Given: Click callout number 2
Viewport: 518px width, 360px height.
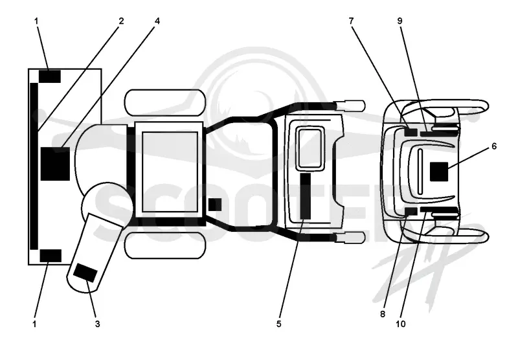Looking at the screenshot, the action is (121, 21).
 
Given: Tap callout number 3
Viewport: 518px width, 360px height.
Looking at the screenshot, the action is (98, 324).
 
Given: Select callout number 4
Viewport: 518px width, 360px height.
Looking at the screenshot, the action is (157, 21).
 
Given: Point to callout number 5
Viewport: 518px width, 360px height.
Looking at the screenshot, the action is (279, 324).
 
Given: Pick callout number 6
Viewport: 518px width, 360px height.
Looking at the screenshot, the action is (494, 146).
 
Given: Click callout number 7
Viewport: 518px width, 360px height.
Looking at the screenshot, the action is (351, 21).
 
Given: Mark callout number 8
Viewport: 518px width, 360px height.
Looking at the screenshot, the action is (383, 314).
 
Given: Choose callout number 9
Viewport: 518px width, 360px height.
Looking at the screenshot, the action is (400, 21).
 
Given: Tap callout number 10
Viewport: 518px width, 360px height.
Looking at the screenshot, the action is (401, 324).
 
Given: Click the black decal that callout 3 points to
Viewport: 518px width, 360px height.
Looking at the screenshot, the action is (85, 273).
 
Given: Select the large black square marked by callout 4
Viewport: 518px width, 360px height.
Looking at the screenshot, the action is (55, 164).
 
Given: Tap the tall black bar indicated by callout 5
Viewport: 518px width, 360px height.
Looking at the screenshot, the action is (306, 196).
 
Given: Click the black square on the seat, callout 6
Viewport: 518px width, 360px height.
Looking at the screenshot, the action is (439, 172).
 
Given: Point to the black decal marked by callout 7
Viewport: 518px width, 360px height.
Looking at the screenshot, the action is (411, 132).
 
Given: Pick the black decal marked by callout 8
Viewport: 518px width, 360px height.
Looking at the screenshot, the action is (411, 211).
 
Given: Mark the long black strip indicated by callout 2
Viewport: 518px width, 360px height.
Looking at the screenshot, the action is (34, 166).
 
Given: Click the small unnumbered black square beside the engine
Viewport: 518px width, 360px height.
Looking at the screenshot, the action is (215, 205).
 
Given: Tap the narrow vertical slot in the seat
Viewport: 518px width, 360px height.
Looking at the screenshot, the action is (420, 172).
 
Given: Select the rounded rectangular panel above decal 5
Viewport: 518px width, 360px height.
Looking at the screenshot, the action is (310, 149).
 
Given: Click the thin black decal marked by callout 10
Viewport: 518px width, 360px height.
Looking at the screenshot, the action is (440, 210).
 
